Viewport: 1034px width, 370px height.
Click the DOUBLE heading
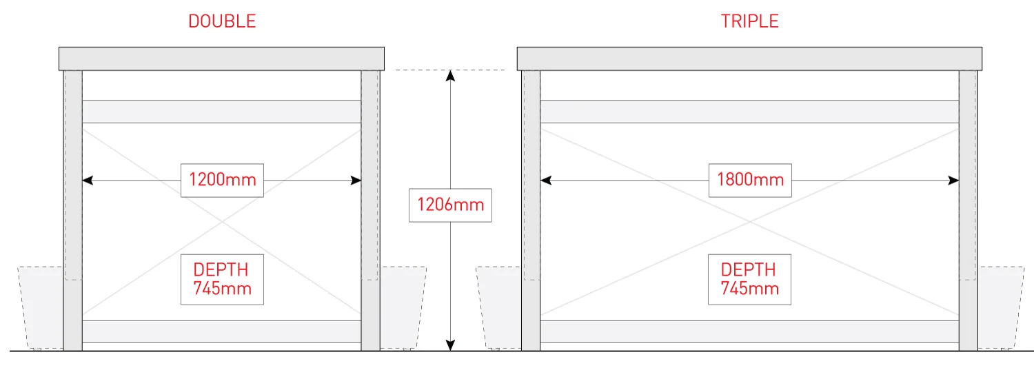point(222,21)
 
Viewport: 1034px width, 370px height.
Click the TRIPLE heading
point(749,21)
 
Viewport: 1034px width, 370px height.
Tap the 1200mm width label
point(222,181)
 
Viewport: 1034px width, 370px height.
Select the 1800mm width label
point(750,181)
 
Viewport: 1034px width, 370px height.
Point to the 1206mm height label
point(450,205)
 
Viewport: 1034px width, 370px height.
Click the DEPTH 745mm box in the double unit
point(222,279)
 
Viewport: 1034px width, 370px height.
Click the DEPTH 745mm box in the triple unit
point(749,279)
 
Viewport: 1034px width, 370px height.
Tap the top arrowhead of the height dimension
point(450,75)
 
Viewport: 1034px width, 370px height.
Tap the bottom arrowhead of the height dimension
point(450,345)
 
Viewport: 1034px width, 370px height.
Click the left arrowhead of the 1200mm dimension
point(87,181)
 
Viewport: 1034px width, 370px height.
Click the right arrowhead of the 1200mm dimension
point(356,181)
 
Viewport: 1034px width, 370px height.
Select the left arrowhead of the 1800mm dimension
point(545,181)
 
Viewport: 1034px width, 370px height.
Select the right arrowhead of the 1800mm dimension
point(954,181)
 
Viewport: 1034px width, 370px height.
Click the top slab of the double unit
point(221,59)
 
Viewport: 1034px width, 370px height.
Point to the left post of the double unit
point(73,207)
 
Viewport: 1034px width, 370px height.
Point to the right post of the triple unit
point(968,207)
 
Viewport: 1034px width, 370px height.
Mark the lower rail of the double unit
point(221,331)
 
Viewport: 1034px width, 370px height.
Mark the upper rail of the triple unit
point(749,112)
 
